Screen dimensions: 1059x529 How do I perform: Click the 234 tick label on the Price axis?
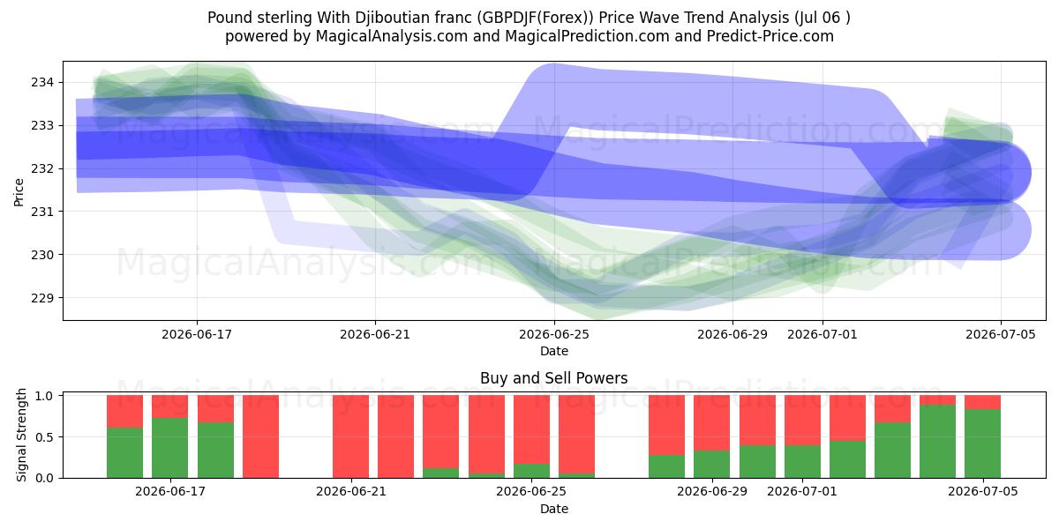[42, 83]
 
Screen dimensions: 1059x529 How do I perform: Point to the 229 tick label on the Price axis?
[42, 298]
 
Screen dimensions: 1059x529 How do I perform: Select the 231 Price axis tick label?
[42, 212]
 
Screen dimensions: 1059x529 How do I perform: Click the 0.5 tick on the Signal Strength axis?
[45, 437]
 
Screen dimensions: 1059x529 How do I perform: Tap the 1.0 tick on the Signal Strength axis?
[45, 395]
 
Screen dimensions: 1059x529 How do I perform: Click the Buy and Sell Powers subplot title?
[553, 378]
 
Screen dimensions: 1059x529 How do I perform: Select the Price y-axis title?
[19, 192]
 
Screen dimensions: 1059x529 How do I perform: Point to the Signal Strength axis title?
[21, 435]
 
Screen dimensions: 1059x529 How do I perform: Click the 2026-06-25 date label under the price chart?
[554, 334]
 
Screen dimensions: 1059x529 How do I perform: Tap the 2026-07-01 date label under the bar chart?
[802, 491]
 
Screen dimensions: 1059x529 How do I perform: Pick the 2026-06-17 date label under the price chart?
[197, 334]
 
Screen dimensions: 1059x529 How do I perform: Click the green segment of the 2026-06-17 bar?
[169, 448]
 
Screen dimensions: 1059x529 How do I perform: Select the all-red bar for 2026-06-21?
[350, 436]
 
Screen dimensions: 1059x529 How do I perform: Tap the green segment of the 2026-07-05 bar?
[982, 443]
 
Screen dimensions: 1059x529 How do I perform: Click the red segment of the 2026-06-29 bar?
[711, 422]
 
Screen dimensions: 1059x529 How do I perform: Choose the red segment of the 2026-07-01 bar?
[802, 420]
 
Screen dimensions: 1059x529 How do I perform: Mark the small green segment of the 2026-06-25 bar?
[531, 471]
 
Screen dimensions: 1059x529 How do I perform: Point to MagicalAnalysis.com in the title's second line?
[392, 36]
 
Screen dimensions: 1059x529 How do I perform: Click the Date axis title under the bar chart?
[554, 509]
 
